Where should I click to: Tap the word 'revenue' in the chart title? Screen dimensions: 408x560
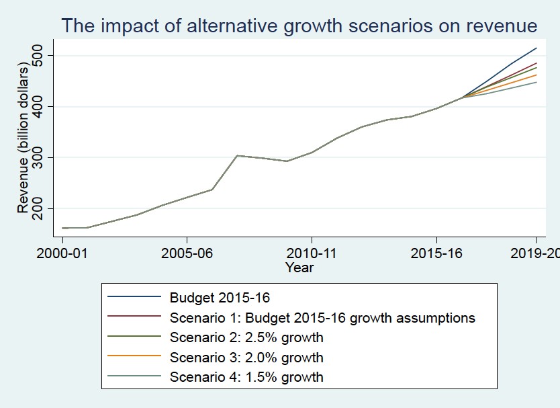(499, 26)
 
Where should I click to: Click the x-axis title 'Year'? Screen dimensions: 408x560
(299, 268)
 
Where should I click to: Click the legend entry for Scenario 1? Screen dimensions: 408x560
(322, 317)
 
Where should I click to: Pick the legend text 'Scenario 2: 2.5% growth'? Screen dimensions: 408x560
(246, 337)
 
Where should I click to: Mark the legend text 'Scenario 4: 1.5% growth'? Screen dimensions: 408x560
(246, 377)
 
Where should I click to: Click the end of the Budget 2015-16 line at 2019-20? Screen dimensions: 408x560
(536, 48)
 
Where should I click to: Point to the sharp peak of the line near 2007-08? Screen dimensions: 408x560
(236, 155)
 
